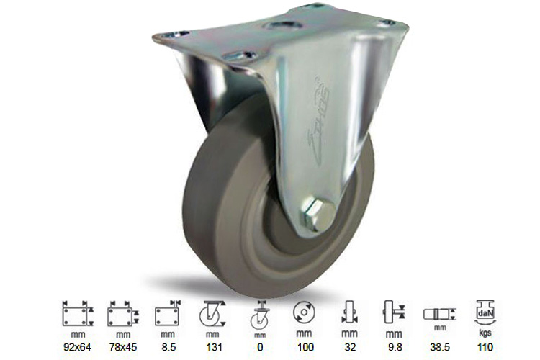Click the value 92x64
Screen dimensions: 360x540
click(74, 347)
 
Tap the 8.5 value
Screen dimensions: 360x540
click(167, 347)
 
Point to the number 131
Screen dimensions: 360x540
click(212, 347)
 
